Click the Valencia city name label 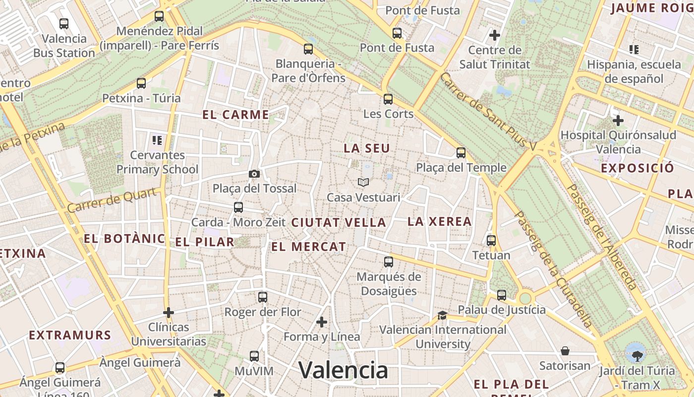[343, 370]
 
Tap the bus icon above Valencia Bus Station [64, 23]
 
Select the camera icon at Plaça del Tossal [254, 174]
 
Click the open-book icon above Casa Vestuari [363, 183]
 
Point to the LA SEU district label [367, 148]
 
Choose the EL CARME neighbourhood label [235, 115]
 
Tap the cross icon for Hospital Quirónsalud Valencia [618, 120]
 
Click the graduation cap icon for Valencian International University [442, 315]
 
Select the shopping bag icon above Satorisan [565, 351]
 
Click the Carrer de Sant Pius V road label [488, 112]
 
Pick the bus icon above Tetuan [491, 241]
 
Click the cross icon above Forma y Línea [322, 322]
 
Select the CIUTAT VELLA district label [339, 223]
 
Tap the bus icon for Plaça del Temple [461, 153]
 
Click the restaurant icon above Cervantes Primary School [157, 140]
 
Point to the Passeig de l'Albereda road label [601, 237]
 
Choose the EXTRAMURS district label [70, 335]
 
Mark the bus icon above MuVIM [254, 356]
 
